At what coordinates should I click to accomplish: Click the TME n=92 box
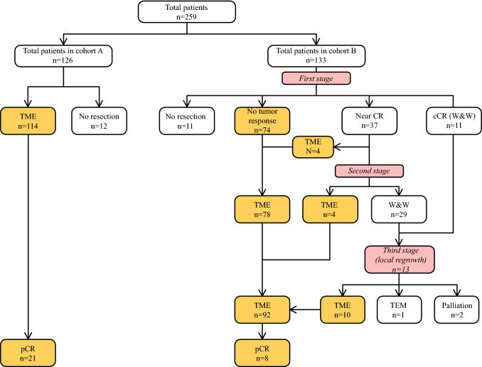(x=262, y=310)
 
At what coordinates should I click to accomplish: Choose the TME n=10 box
(x=343, y=310)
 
